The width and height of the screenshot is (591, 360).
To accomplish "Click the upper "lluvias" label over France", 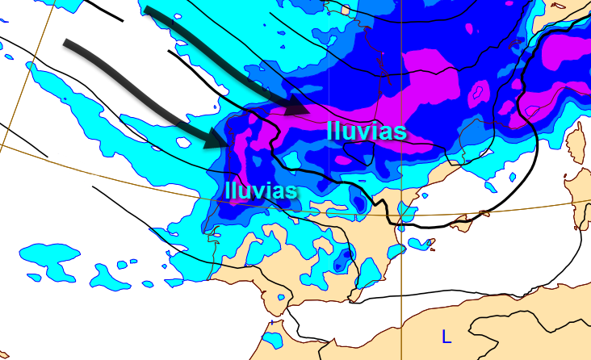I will pyautogui.click(x=365, y=130).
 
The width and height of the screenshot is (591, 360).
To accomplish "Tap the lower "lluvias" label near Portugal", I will pyautogui.click(x=262, y=190).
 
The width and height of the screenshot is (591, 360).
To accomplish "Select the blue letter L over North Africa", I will pyautogui.click(x=446, y=334).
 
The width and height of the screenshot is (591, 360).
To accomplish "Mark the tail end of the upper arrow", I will pyautogui.click(x=149, y=11).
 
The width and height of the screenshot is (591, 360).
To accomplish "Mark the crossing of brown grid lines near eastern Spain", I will pyautogui.click(x=401, y=216).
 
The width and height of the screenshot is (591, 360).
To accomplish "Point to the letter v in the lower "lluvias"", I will pyautogui.click(x=257, y=190).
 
